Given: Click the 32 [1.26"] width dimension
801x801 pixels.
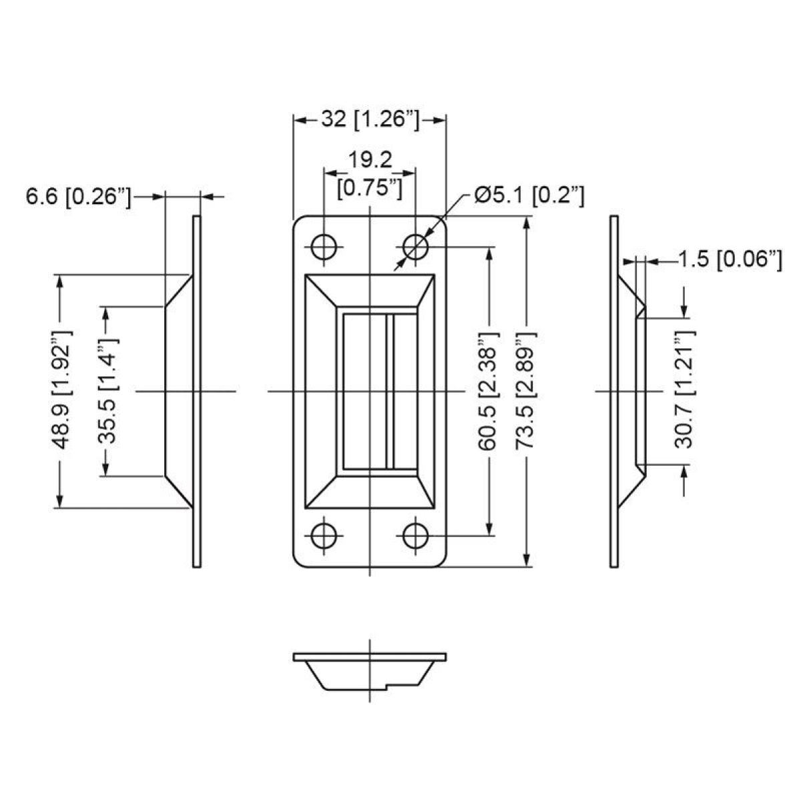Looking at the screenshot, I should click(x=370, y=119).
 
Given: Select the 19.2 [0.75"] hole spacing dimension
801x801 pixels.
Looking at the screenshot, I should click(x=370, y=174).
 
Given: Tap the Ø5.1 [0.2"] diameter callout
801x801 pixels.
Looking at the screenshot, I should click(x=529, y=195).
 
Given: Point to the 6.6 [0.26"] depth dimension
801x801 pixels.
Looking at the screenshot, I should click(x=77, y=196).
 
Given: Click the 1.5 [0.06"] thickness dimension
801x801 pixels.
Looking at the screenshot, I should click(x=730, y=260).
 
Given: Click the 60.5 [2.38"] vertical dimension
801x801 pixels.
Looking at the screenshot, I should click(x=491, y=390).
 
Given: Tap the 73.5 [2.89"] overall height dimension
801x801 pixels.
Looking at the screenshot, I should click(x=528, y=390).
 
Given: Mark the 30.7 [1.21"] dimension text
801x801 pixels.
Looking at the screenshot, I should click(x=685, y=390).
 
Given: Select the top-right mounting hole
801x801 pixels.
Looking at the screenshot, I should click(x=415, y=247).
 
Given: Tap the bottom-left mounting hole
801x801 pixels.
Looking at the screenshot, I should click(x=324, y=535).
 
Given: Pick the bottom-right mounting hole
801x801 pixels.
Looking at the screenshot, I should click(x=415, y=535).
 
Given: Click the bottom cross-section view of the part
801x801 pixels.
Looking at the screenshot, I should click(x=369, y=670).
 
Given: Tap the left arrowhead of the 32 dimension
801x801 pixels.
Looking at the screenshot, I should click(x=299, y=120).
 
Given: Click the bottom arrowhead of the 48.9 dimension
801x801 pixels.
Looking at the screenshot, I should click(x=60, y=501).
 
